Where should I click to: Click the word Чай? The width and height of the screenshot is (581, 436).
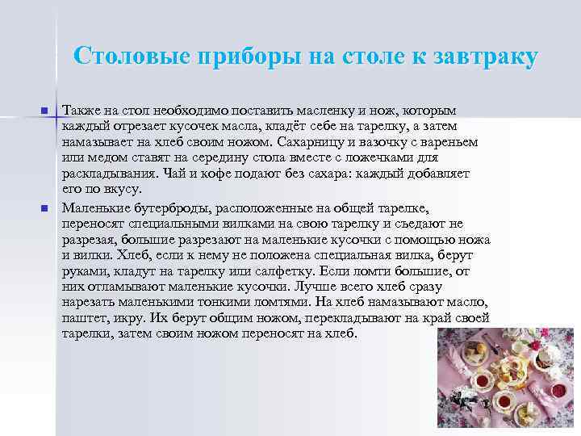tap(175, 173)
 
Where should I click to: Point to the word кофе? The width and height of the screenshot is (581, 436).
tap(212, 173)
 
